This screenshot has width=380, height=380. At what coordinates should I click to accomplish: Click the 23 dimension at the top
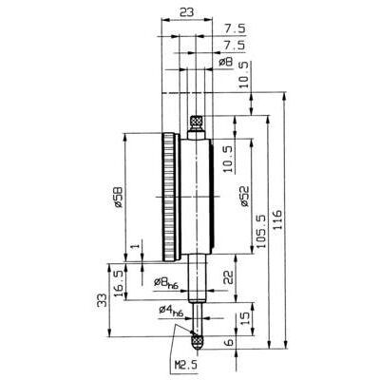tap(186, 12)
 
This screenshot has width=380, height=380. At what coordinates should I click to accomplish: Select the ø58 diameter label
tap(118, 197)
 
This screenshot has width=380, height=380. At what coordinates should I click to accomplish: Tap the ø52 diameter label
tap(245, 196)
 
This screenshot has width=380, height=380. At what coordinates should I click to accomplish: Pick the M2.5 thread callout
tap(186, 365)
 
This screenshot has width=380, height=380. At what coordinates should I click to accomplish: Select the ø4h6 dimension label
tap(171, 310)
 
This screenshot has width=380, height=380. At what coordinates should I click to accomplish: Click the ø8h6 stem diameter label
tap(166, 282)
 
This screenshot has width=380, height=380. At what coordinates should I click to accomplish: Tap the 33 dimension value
tap(102, 299)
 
